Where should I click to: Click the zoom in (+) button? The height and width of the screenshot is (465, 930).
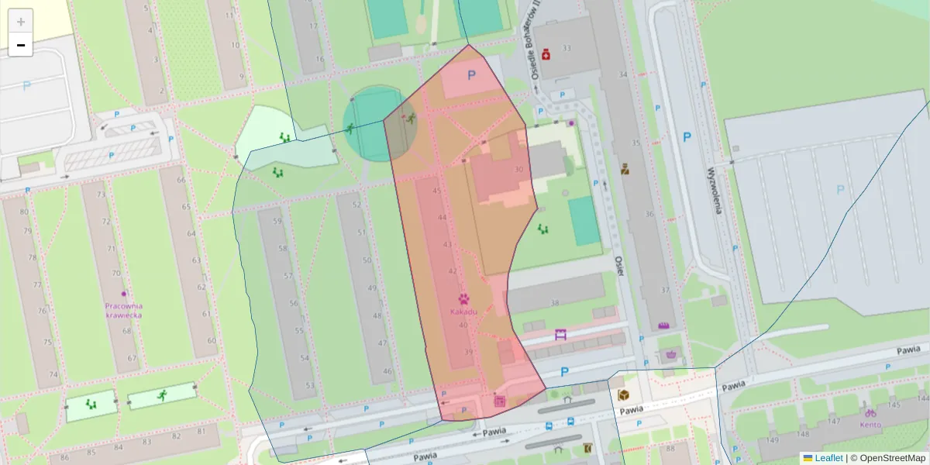coord(21,22)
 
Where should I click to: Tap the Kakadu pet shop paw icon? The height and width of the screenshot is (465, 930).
coord(463,298)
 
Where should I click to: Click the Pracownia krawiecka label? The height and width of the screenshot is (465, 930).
coord(124,310)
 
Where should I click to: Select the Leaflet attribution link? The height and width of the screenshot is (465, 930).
coord(828,458)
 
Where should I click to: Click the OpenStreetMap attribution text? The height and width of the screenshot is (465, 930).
coord(892,458)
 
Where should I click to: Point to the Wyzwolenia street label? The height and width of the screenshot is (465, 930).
coord(714,190)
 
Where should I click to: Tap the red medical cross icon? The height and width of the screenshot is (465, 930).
coord(546,54)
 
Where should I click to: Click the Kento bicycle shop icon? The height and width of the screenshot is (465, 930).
coord(870,413)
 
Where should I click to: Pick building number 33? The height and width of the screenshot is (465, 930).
coord(566,48)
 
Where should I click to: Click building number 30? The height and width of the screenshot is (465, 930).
coord(518,169)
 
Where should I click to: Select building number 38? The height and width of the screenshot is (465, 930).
coord(554,303)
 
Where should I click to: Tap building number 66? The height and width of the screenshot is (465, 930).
coord(181,181)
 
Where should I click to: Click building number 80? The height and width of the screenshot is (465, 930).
coord(24,212)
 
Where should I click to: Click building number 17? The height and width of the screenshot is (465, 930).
coord(313,26)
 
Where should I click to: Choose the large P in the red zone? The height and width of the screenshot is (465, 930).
coord(471,75)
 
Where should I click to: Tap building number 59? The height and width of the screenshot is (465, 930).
coord(277,221)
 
